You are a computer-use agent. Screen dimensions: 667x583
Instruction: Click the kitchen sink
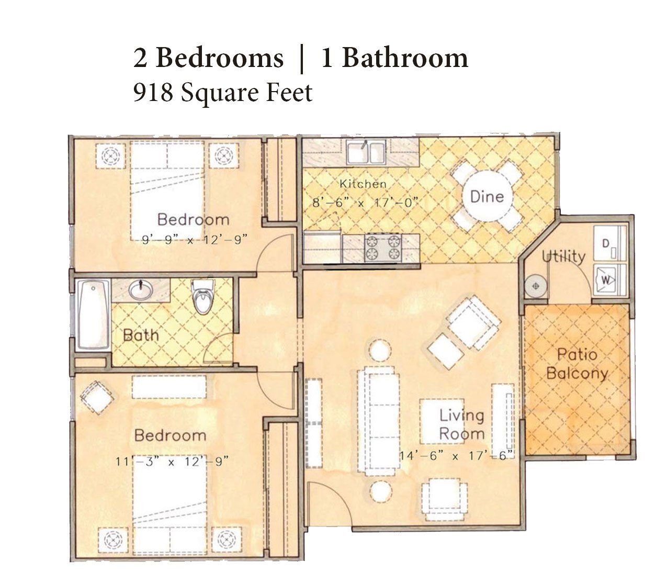(x=366, y=152)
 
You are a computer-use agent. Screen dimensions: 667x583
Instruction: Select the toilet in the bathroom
(x=203, y=296)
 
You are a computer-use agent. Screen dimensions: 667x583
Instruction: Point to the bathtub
(x=93, y=315)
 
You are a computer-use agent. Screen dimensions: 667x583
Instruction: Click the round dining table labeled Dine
(x=488, y=196)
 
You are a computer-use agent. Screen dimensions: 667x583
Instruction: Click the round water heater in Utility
(x=536, y=286)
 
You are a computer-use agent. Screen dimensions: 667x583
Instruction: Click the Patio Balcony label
(x=577, y=364)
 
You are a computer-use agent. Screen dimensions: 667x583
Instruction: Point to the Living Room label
(x=461, y=424)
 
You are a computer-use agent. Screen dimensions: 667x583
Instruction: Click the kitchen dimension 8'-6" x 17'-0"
(x=365, y=203)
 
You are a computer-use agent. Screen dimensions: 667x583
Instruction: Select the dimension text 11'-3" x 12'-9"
(x=172, y=462)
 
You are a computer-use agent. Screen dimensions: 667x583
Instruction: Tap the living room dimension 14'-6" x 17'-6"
(x=457, y=455)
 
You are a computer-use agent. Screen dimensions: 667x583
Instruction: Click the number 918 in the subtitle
(x=153, y=92)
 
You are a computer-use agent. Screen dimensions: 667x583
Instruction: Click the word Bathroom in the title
(x=404, y=58)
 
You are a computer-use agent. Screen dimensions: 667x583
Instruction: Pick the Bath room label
(x=141, y=335)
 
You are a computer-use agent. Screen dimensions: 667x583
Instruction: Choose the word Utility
(x=563, y=257)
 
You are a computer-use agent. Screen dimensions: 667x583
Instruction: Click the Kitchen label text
(x=363, y=184)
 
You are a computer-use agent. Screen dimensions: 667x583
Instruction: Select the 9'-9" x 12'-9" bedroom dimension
(x=195, y=240)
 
